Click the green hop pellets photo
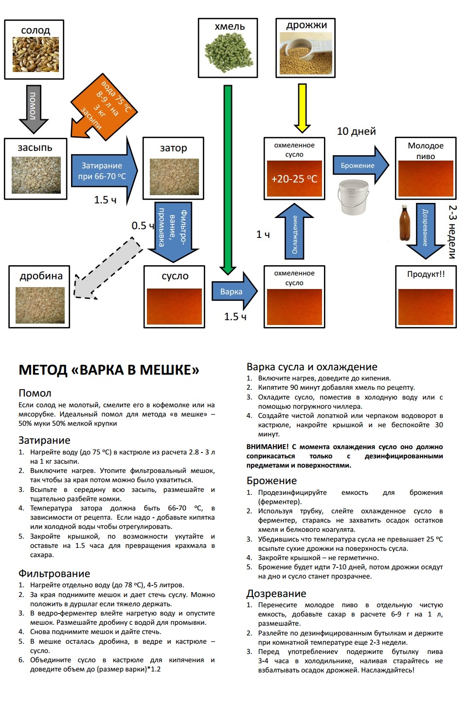coord(228,53)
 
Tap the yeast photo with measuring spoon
coord(305,54)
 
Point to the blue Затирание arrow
coord(104,171)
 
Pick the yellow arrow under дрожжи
coord(303,108)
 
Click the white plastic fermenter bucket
coord(352,197)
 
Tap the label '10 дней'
coord(356,131)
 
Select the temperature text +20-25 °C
coord(294,179)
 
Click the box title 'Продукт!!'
coord(426,274)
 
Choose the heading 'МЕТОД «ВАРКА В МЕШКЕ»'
coord(109,370)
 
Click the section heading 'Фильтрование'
coord(54,574)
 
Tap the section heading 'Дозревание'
coord(276,594)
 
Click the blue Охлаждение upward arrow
coord(295,233)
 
